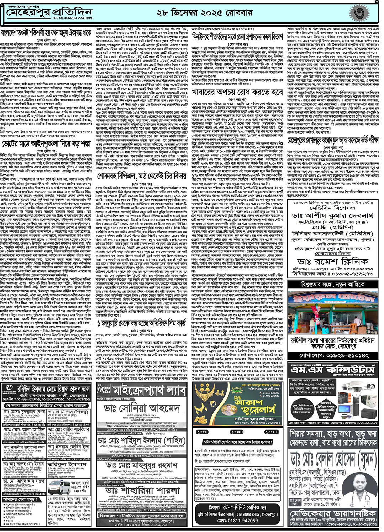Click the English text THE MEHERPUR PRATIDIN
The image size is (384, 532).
click(72, 18)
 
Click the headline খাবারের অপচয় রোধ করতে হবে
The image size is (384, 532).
click(237, 92)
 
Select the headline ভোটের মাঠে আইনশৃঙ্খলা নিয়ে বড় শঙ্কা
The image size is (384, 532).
click(46, 144)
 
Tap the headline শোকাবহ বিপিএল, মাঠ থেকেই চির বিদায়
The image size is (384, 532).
click(142, 176)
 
